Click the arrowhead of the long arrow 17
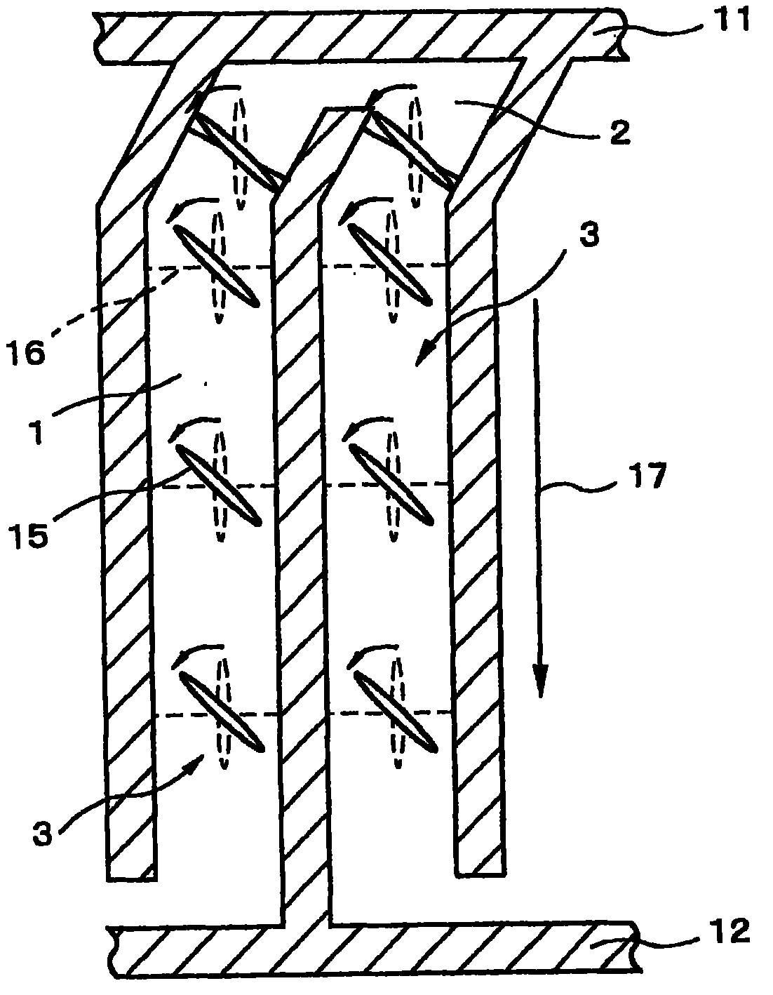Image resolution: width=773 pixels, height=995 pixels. [539, 684]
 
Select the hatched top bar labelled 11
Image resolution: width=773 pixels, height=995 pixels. [351, 35]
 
